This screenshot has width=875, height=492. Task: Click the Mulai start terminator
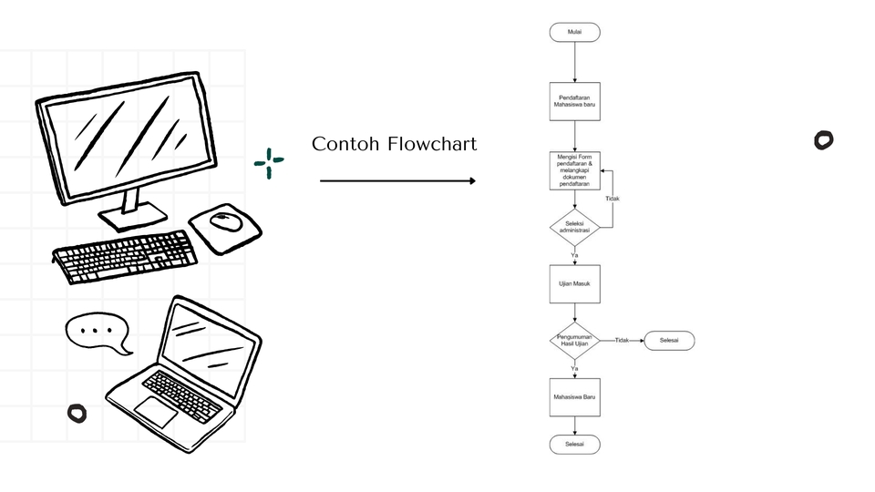(x=574, y=32)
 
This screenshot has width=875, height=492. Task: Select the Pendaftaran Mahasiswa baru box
(x=574, y=102)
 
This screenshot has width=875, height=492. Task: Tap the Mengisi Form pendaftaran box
(x=574, y=169)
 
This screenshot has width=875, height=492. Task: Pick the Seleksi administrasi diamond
(x=574, y=227)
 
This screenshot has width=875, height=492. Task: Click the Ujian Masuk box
(x=574, y=283)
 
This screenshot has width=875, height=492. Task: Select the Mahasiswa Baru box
(x=574, y=397)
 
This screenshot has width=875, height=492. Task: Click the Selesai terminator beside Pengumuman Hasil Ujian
(x=669, y=341)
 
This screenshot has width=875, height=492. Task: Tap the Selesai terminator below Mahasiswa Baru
(x=574, y=445)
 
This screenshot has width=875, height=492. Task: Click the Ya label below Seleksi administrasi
(x=574, y=255)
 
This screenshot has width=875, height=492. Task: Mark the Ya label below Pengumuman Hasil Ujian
(x=574, y=368)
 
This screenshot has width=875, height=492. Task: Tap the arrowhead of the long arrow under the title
(x=471, y=181)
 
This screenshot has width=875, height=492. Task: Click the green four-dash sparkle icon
(x=269, y=163)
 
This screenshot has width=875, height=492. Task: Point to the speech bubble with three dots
(x=98, y=332)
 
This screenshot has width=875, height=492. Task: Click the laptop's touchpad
(x=156, y=412)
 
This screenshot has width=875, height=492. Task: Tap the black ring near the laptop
(x=77, y=414)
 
